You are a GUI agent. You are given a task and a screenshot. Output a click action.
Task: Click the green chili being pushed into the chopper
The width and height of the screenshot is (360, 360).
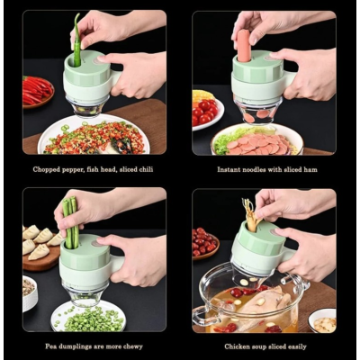(76, 40)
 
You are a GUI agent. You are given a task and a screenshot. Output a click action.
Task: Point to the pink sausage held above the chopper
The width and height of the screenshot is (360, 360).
(243, 45)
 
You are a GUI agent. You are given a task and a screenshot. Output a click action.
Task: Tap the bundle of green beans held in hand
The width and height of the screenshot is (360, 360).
(69, 221)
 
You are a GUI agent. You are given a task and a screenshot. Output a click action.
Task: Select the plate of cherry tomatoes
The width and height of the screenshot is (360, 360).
(206, 109)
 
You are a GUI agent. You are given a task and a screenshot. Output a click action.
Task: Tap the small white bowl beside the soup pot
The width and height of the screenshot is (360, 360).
(321, 319)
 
